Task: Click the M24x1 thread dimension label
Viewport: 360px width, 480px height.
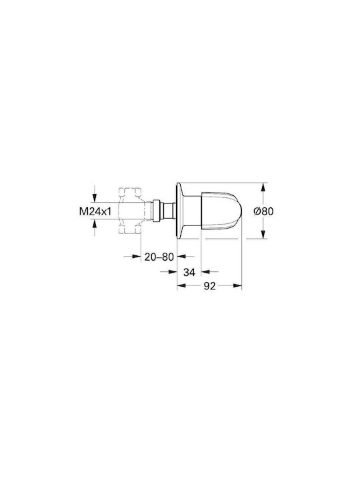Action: coord(95,211)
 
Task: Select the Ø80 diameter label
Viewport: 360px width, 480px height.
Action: coord(263,211)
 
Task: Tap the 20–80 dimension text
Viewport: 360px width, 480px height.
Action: coord(159,257)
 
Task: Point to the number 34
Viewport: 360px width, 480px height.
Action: coord(189,271)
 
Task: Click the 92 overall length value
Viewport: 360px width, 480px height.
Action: coord(210,286)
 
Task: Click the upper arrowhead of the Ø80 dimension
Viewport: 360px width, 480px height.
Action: coord(263,187)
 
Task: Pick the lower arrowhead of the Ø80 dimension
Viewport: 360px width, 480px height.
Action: coord(263,234)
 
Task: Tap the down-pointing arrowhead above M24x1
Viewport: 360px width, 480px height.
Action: coord(95,198)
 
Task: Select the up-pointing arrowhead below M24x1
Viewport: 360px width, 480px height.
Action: coord(95,225)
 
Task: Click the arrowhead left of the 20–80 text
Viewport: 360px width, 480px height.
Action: coord(136,256)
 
